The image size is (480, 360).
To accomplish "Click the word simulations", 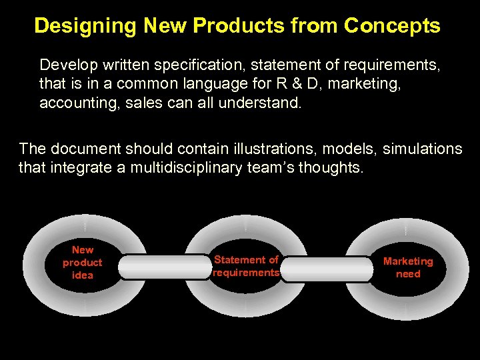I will (420, 148).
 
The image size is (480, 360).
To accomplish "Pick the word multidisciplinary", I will (191, 167).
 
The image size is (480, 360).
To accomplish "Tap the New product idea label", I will (83, 262).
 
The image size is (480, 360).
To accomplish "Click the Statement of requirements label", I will (246, 266).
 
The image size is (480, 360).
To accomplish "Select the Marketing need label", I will (408, 267).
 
